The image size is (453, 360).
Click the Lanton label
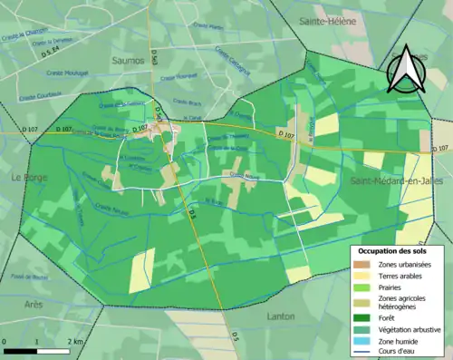[x=281, y=316]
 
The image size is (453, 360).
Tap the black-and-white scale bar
[x=36, y=350]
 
